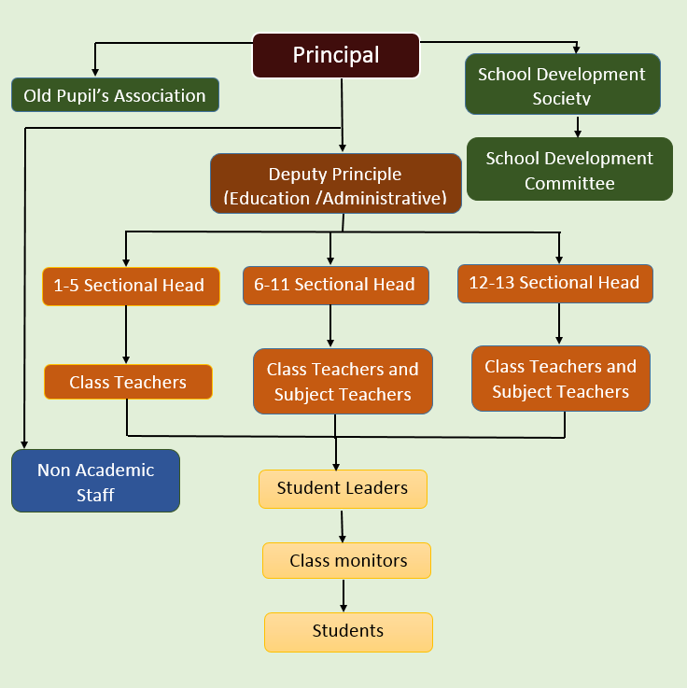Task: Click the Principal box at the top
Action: [336, 55]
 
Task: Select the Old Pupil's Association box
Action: [115, 95]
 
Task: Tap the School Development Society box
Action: [563, 84]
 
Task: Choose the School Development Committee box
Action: [569, 170]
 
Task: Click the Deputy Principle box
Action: [335, 185]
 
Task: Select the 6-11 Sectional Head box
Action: [334, 286]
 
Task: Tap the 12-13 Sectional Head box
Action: [554, 283]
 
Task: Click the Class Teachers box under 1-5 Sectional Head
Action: [128, 382]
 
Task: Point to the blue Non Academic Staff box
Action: [95, 482]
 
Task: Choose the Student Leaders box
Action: [343, 488]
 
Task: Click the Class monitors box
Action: [347, 560]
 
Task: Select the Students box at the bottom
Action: [348, 631]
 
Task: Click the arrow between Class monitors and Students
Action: [343, 595]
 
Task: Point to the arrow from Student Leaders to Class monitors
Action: [343, 525]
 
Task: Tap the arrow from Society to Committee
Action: [579, 126]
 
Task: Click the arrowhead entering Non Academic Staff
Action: [26, 444]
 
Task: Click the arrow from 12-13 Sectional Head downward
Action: [559, 324]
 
